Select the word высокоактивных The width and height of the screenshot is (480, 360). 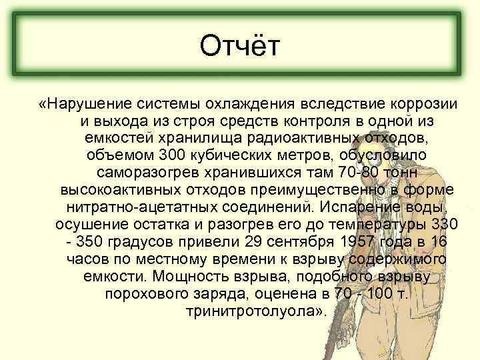click(121, 189)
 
